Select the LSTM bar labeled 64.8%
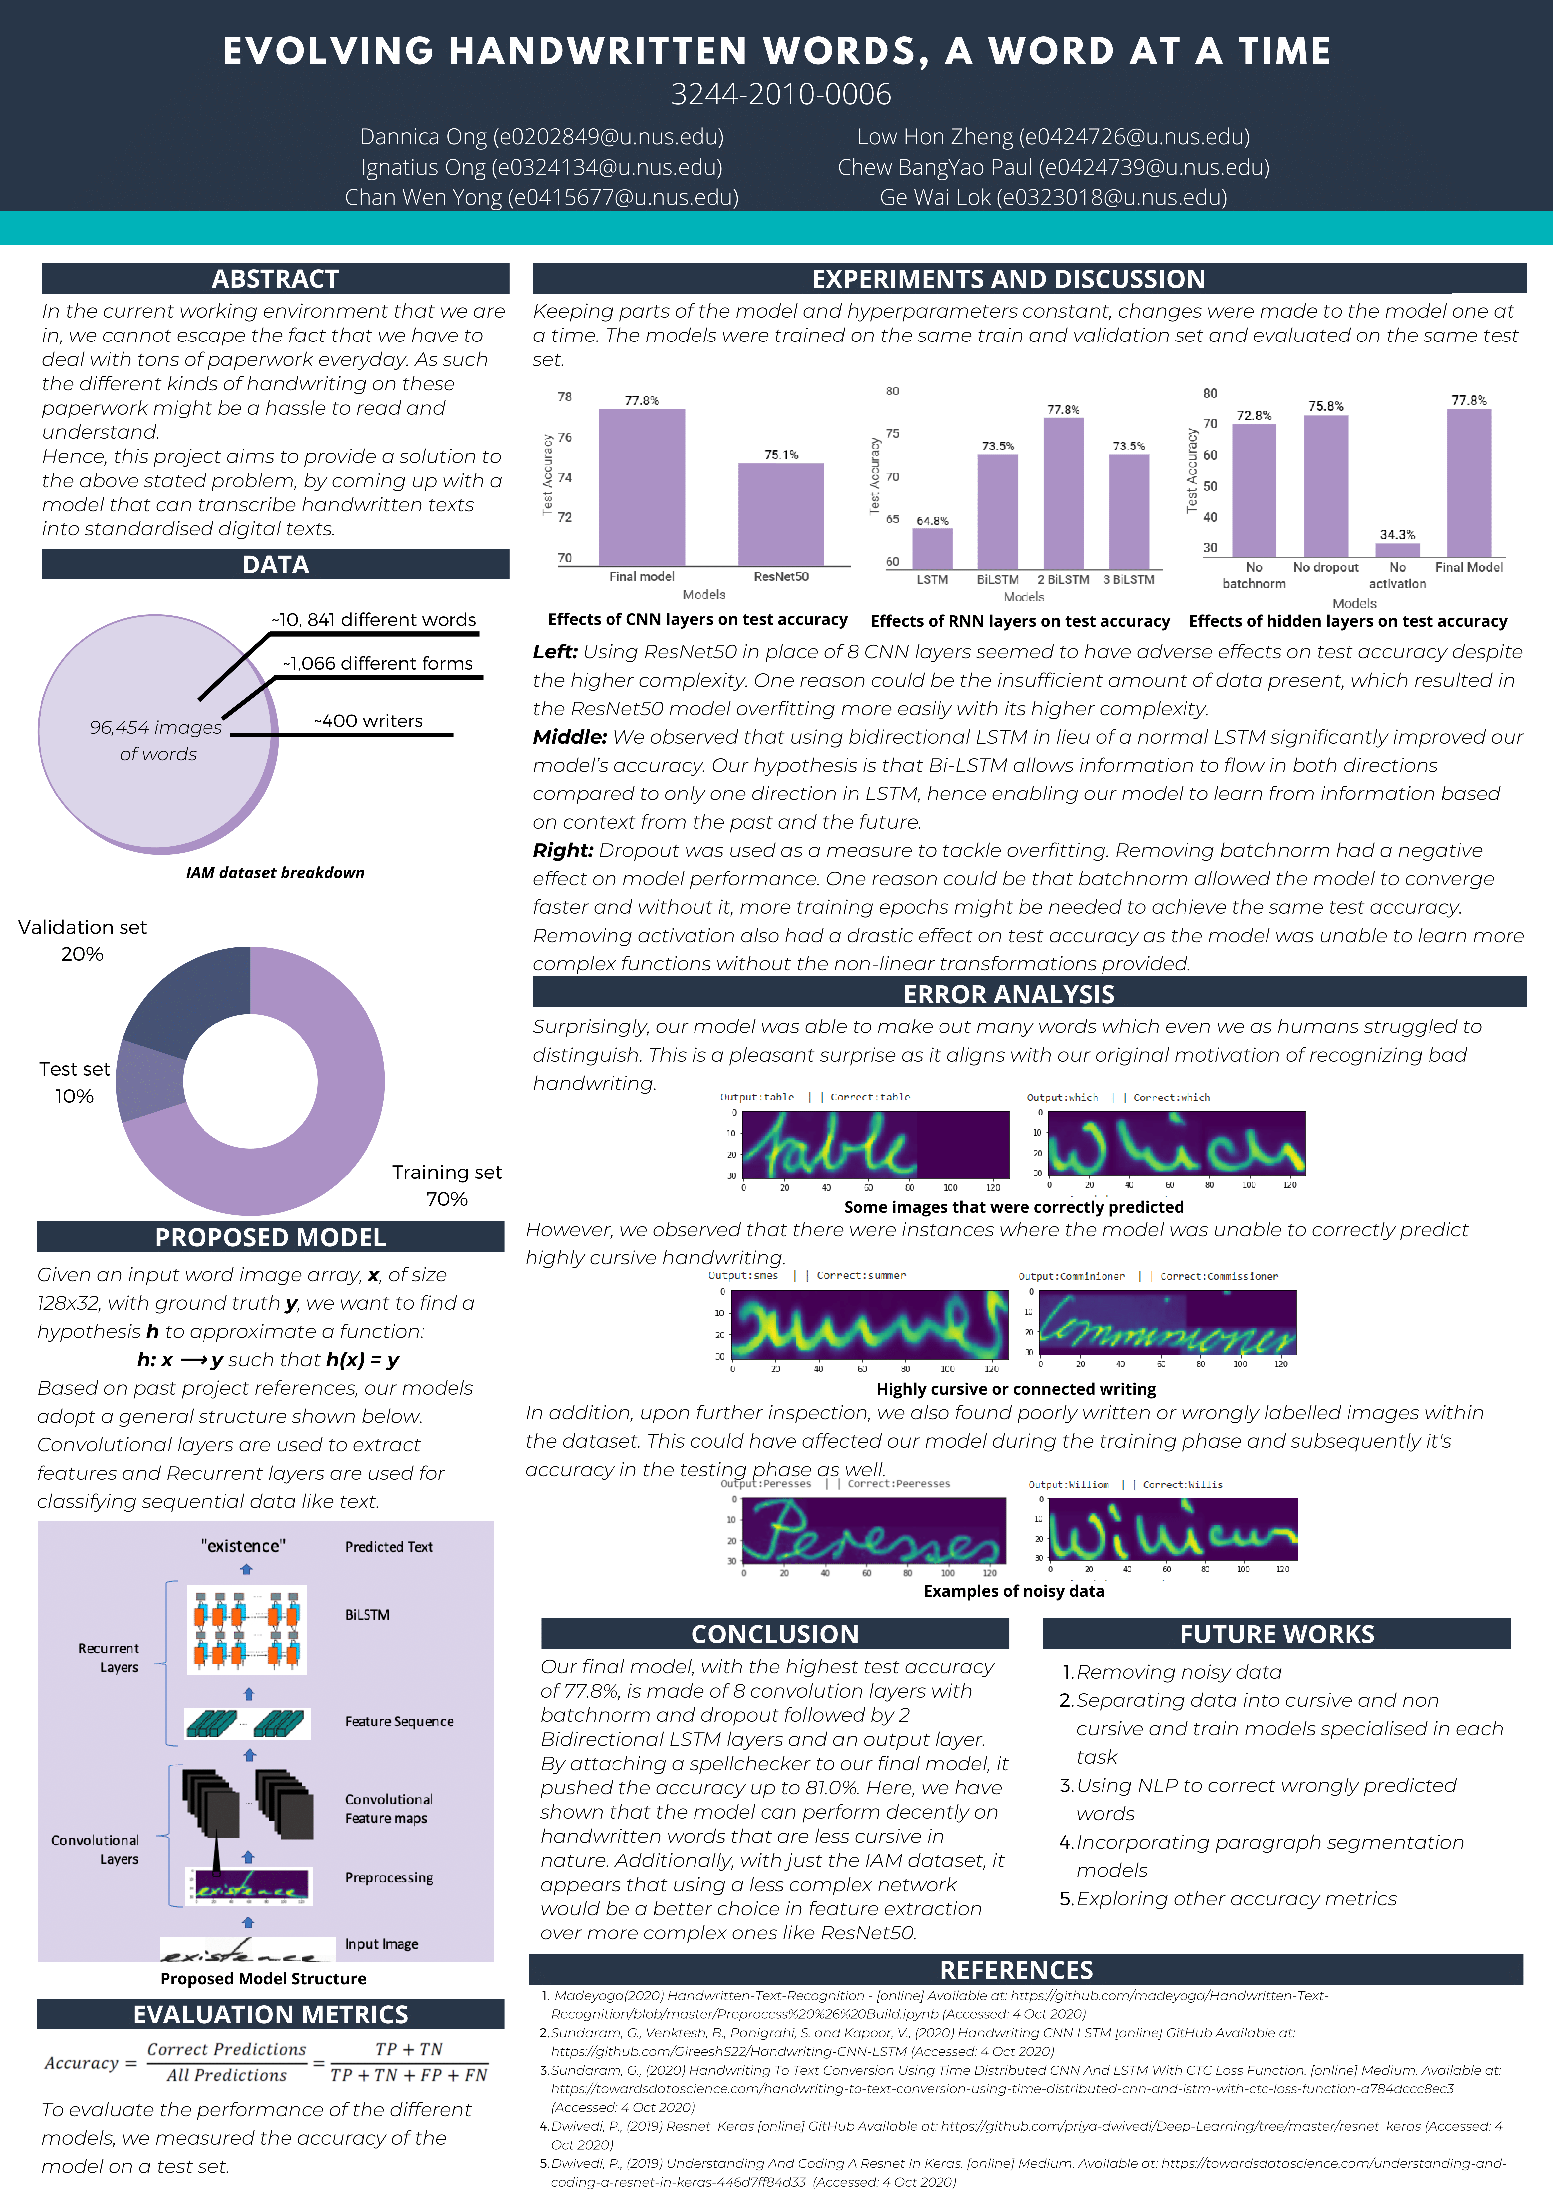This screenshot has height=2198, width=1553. [932, 549]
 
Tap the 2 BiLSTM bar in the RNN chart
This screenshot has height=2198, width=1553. [1063, 493]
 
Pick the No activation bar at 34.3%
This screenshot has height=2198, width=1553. [1397, 551]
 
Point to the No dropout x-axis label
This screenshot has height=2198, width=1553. [1325, 568]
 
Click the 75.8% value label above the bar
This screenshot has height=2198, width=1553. [1325, 406]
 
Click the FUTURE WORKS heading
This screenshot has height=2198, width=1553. [1276, 1634]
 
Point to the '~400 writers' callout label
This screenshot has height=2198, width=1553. [368, 721]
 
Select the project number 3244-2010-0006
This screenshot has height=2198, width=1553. [780, 94]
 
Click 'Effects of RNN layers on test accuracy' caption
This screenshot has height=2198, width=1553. [1020, 621]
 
